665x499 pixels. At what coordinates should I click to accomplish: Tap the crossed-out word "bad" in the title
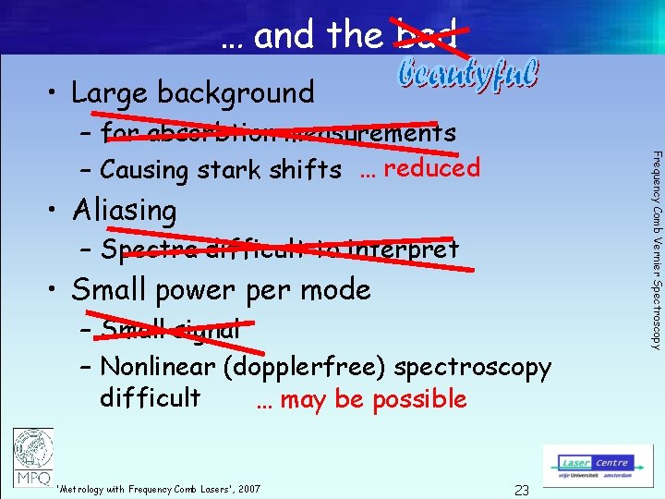pyautogui.click(x=427, y=36)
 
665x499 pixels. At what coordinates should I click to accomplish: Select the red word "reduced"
pyautogui.click(x=432, y=167)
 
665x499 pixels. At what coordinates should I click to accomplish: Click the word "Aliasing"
pyautogui.click(x=124, y=211)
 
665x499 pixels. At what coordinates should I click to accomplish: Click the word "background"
pyautogui.click(x=236, y=92)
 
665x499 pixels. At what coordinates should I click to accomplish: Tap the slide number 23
pyautogui.click(x=522, y=490)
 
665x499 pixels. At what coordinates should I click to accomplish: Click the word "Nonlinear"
pyautogui.click(x=157, y=367)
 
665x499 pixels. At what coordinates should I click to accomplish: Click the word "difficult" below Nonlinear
pyautogui.click(x=150, y=397)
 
